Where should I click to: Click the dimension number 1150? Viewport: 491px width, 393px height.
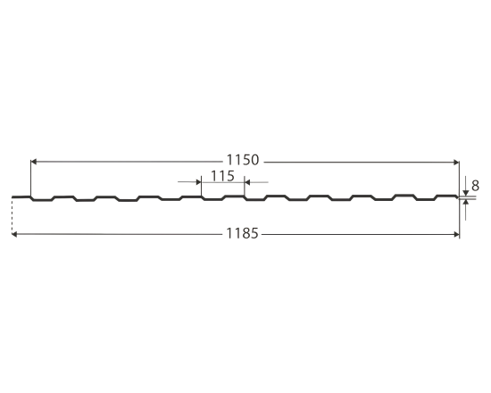coord(241,161)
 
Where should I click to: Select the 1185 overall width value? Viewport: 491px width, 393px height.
coord(241,235)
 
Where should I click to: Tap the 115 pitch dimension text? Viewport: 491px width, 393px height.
coord(223,175)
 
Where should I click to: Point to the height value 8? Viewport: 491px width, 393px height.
coord(476,186)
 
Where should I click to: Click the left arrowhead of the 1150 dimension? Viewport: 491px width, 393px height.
coord(34,162)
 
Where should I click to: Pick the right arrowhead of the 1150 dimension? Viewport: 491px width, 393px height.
coord(454,162)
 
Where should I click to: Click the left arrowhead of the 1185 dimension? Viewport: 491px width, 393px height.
coord(16,235)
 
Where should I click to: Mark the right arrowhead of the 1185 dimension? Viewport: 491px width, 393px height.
coord(454,235)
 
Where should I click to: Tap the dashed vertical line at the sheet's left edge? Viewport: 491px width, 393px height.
coord(12,217)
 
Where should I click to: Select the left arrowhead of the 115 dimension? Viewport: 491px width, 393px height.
coord(198,182)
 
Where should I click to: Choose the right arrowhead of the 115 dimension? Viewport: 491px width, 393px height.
coord(248,182)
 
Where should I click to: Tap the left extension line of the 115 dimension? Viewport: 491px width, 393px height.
coord(202,188)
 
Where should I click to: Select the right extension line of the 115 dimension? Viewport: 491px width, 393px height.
coord(245,188)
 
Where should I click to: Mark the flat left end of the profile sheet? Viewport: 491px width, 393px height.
coord(21,197)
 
